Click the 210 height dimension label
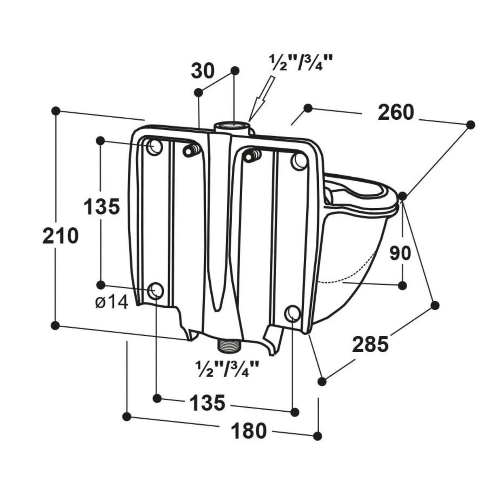(60, 236)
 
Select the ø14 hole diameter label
(112, 303)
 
